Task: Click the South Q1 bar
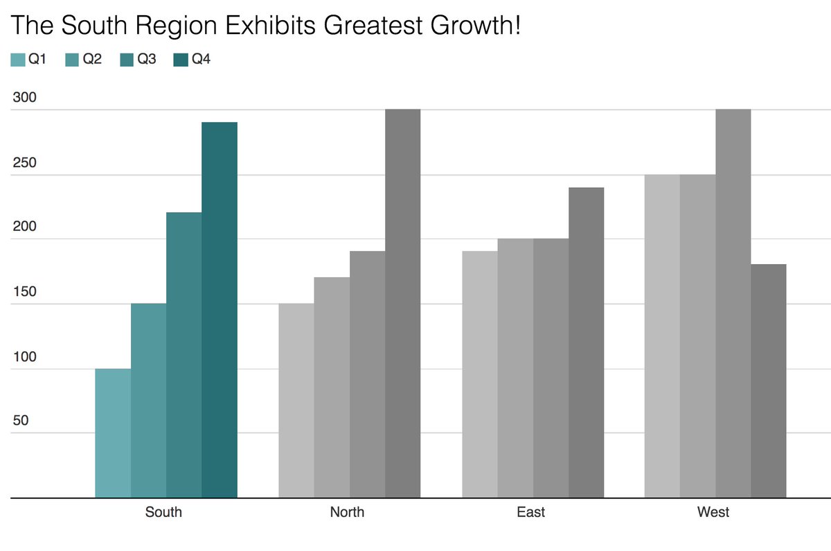(x=113, y=433)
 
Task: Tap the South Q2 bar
(x=148, y=401)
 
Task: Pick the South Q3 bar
(x=184, y=355)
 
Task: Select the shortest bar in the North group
(x=296, y=401)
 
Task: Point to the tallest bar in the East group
(x=586, y=342)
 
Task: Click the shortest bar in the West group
(x=769, y=381)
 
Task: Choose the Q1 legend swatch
(x=17, y=60)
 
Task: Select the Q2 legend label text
(x=92, y=60)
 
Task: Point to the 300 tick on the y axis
(x=24, y=98)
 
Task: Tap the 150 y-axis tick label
(x=24, y=292)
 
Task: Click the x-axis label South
(x=163, y=513)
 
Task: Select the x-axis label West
(x=713, y=513)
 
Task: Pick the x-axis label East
(x=530, y=513)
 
